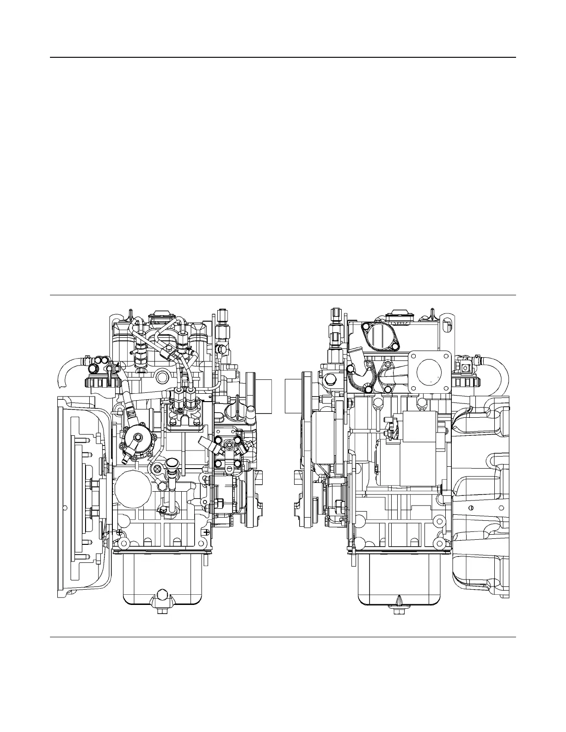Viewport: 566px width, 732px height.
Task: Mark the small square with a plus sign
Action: click(205, 532)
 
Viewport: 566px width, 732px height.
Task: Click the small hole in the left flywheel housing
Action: click(65, 507)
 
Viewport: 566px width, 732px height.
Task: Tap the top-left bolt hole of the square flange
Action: click(414, 356)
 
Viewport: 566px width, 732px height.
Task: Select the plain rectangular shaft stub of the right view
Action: click(293, 395)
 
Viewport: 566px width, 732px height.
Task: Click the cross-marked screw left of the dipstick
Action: click(158, 468)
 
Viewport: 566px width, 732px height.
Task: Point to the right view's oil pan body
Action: click(399, 578)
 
